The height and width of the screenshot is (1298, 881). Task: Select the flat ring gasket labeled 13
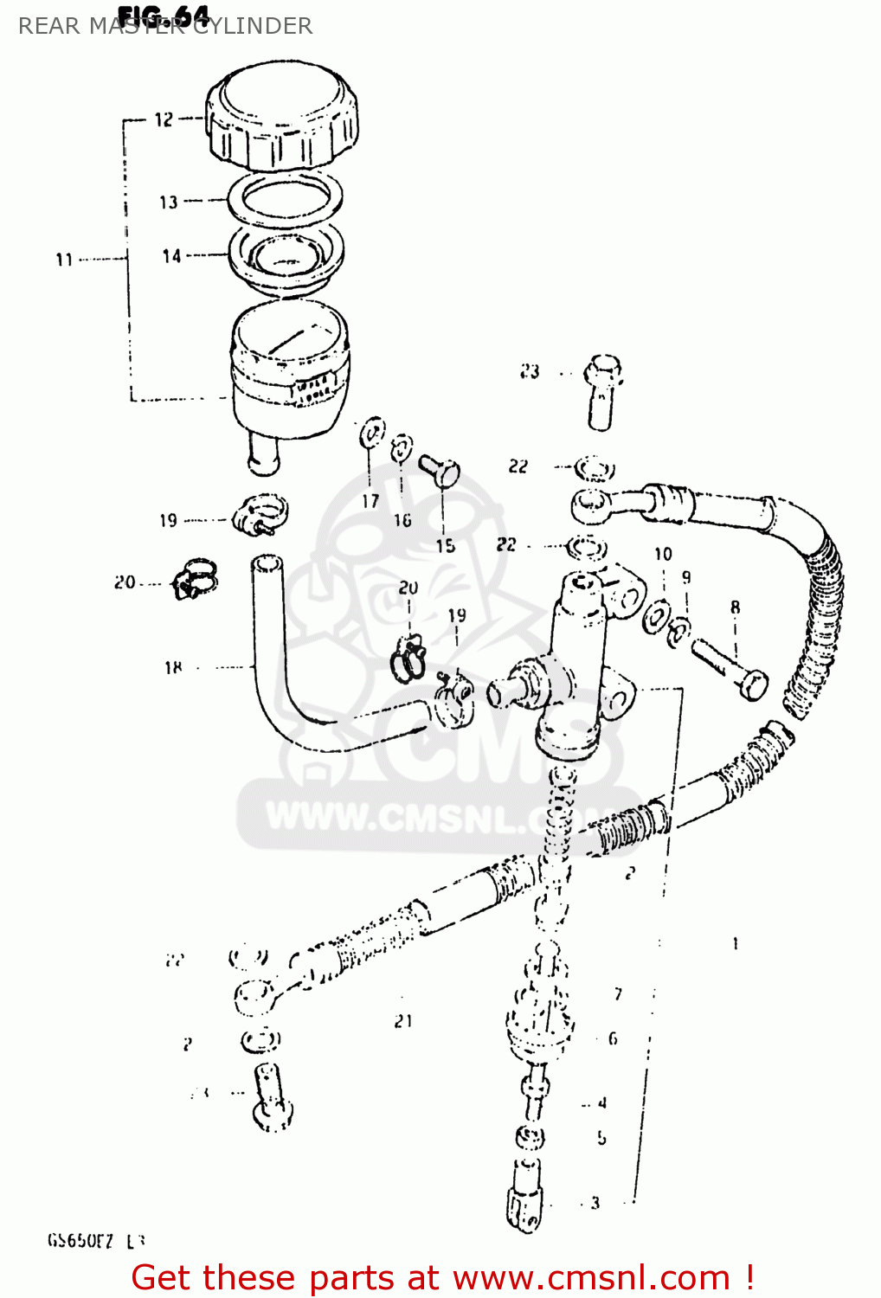coord(285,198)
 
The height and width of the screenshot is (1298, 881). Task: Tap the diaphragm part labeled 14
coord(286,255)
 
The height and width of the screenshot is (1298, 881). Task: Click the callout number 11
coord(64,259)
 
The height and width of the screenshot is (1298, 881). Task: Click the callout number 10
coord(663,554)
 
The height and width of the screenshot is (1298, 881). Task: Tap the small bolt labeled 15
coord(440,471)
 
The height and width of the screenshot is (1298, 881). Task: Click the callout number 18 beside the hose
coord(173,667)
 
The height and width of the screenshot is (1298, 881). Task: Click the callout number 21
coord(403,1021)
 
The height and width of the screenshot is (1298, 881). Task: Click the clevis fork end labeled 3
coord(524,1198)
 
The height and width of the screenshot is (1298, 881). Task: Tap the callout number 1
coord(735,943)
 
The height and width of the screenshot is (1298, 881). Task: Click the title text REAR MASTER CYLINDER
coord(165,26)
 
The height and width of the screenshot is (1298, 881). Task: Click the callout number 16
coord(402,520)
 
